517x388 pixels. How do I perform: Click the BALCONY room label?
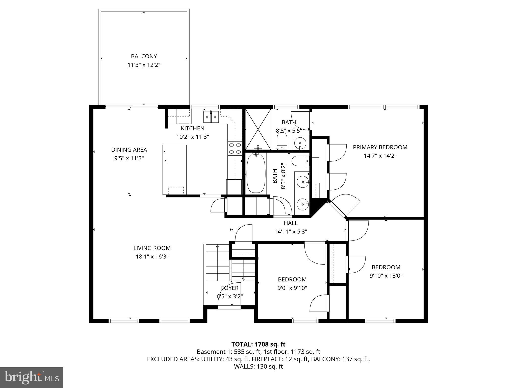pos(144,56)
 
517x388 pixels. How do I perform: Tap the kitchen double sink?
pos(211,117)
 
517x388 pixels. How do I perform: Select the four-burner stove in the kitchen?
pos(235,149)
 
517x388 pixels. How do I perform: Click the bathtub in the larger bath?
pos(256,174)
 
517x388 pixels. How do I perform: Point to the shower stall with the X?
pos(258,129)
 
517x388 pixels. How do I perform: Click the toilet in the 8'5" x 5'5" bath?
pos(282,141)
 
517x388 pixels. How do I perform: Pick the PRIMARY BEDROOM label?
pos(380,147)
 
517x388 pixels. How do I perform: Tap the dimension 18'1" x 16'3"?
pos(152,257)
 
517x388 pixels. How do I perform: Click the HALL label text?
pos(291,223)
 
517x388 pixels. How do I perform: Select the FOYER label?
pos(229,288)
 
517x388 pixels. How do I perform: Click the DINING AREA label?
pos(129,150)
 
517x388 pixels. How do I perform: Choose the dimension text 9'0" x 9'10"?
pos(292,288)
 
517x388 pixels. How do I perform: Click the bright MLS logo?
pos(32,377)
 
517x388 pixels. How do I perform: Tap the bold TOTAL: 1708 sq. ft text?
pos(258,344)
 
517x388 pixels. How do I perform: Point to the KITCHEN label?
pos(192,128)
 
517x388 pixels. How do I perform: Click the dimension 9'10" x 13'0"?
pos(386,276)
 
